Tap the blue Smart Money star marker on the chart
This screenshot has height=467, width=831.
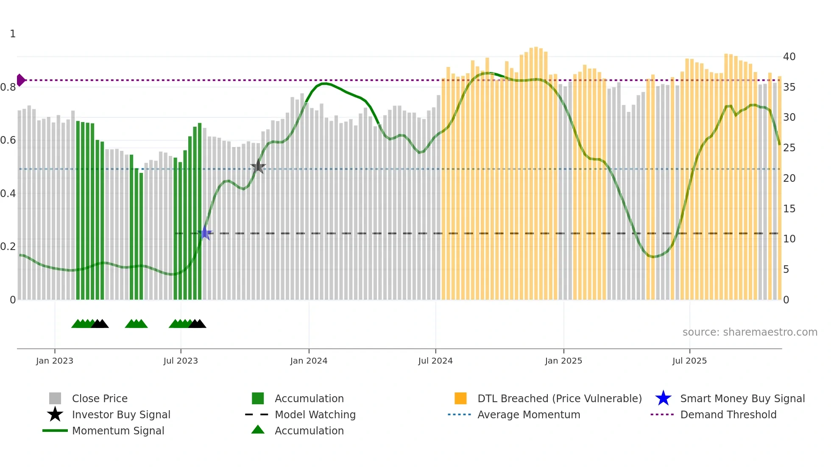point(205,233)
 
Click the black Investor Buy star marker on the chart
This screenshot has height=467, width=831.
point(258,167)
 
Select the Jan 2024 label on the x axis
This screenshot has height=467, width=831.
point(309,361)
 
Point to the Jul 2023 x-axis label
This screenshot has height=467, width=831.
point(181,361)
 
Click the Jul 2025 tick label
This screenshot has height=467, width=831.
point(689,361)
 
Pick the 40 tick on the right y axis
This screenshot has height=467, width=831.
point(789,56)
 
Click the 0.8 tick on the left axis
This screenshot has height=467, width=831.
point(8,87)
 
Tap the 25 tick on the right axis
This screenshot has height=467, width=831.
point(789,148)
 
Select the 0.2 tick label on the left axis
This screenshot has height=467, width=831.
point(8,247)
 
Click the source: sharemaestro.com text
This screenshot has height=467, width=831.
point(750,332)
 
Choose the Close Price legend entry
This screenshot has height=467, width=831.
point(100,398)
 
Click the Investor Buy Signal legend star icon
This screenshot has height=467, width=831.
point(55,414)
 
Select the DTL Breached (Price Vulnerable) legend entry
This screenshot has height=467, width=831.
point(559,398)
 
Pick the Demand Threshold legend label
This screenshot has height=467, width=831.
point(728,414)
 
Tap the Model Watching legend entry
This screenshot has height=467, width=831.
point(315,414)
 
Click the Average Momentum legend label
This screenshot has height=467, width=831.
point(528,414)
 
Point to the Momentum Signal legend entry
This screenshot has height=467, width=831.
point(118,431)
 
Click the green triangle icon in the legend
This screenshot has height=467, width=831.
point(258,430)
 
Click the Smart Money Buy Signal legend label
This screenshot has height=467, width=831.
point(742,398)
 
